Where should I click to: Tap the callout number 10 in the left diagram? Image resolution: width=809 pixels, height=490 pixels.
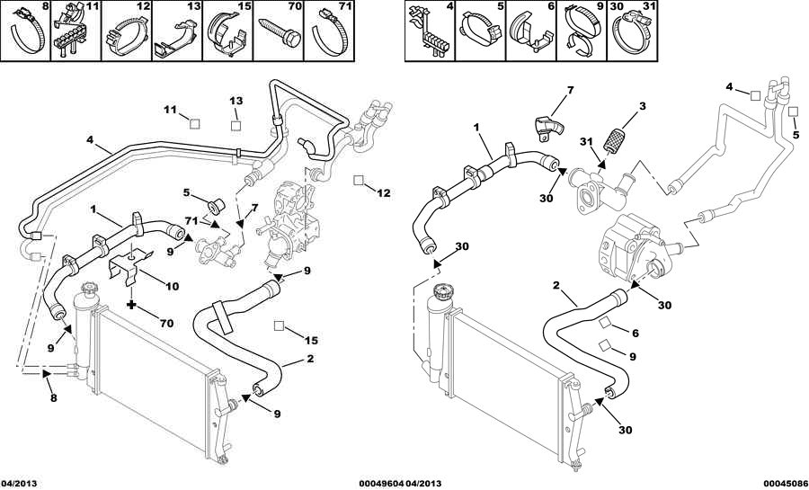click(173, 286)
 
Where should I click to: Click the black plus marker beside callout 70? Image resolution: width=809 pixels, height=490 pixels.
click(132, 305)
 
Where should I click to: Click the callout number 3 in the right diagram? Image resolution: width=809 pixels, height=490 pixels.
click(643, 107)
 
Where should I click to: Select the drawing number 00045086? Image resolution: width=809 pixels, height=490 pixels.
click(786, 484)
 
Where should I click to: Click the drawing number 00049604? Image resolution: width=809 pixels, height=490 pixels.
click(381, 484)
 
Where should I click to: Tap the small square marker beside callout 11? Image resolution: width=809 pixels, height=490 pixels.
click(194, 123)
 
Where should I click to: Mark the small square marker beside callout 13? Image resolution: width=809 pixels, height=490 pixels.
click(236, 124)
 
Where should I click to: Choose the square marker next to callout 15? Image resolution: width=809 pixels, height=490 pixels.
click(279, 325)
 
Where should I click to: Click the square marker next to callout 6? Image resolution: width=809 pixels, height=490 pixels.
click(605, 323)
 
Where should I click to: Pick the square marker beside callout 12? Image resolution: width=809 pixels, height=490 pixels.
click(359, 180)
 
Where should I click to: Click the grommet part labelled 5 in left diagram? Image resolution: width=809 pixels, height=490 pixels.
click(215, 205)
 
